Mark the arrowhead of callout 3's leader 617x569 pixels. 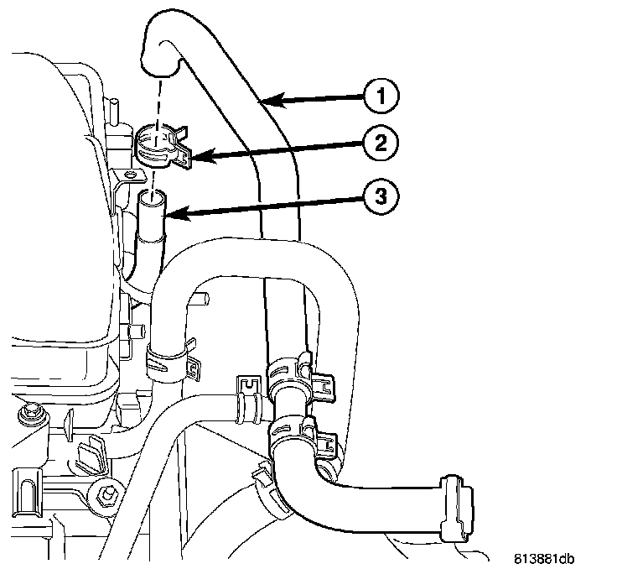[167, 217]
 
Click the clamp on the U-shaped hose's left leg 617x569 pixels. [166, 358]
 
